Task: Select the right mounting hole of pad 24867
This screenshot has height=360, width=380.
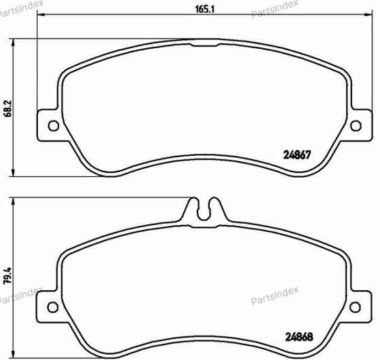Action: pyautogui.click(x=357, y=125)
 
